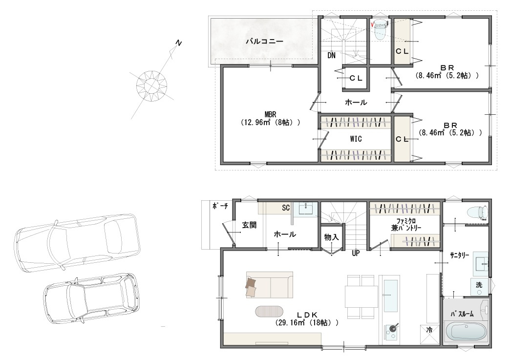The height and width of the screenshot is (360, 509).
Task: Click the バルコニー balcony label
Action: tap(264, 41)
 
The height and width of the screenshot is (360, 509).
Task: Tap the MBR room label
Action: tap(271, 115)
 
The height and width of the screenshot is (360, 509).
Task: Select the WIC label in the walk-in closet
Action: tap(356, 139)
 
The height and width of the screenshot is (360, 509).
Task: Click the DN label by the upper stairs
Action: tap(331, 56)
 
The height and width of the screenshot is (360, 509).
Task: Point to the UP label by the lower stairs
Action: tap(356, 253)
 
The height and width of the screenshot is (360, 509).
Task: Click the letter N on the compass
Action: tap(178, 42)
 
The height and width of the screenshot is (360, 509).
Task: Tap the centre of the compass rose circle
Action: tap(151, 85)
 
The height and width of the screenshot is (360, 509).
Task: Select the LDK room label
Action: tap(307, 315)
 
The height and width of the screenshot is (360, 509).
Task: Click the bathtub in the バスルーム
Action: tap(466, 332)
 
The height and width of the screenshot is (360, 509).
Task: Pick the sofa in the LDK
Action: tap(270, 284)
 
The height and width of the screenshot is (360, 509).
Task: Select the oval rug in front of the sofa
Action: tap(269, 312)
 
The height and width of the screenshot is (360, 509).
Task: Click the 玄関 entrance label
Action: tap(249, 225)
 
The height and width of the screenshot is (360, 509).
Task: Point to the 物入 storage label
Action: tap(331, 237)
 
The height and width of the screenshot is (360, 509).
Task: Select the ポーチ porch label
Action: tap(220, 206)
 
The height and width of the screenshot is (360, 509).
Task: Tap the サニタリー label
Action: tap(459, 255)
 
